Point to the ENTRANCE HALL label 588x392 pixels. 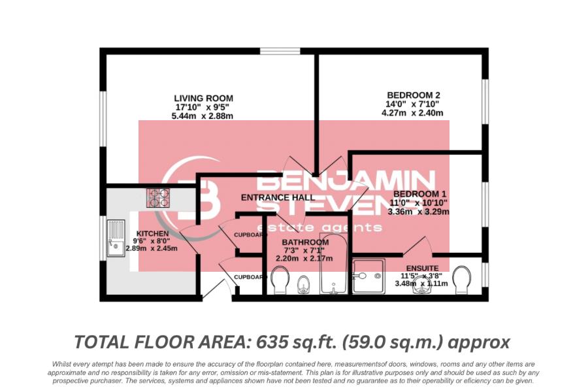278,197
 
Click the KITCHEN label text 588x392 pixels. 152,233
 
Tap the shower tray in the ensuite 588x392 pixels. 368,276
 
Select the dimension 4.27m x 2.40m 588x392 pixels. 412,112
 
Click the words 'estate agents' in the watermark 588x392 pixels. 336,227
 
